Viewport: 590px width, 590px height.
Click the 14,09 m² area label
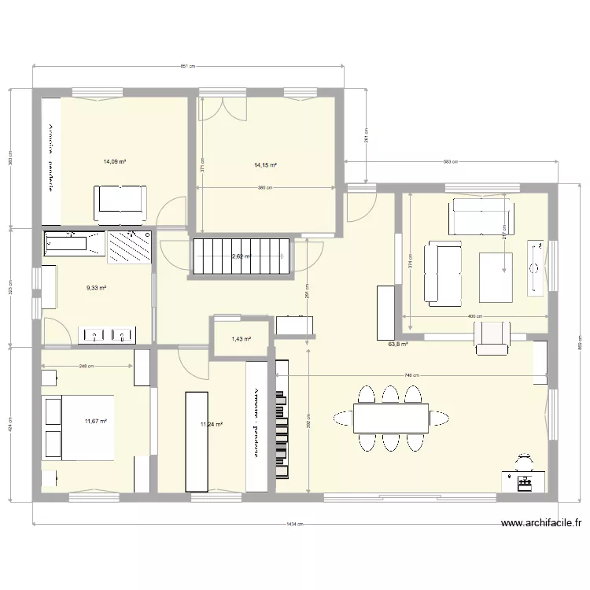(114, 162)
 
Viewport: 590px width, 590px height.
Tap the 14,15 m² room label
(264, 165)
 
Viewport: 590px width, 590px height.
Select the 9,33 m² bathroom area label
(96, 288)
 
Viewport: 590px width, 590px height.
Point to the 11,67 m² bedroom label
(95, 422)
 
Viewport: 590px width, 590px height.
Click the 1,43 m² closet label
(241, 339)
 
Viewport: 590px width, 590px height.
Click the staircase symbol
(240, 256)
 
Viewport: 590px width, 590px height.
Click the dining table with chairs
(390, 418)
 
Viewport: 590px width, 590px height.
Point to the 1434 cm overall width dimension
(294, 524)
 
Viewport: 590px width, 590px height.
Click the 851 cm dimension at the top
(187, 67)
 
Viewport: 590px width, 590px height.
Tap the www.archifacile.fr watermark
(543, 522)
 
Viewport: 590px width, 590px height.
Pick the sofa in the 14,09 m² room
(120, 203)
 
